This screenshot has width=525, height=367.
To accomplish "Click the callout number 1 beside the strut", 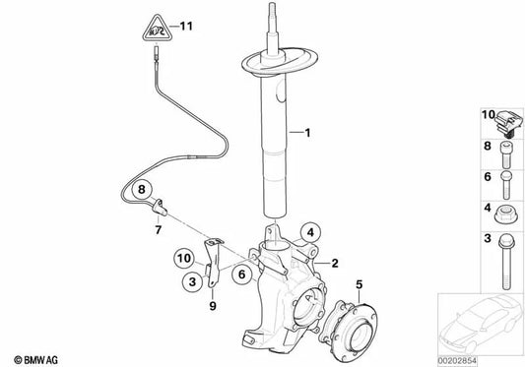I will (307, 132).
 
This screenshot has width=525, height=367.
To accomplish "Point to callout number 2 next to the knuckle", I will (335, 263).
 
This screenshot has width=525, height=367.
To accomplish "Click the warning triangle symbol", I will (155, 29).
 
